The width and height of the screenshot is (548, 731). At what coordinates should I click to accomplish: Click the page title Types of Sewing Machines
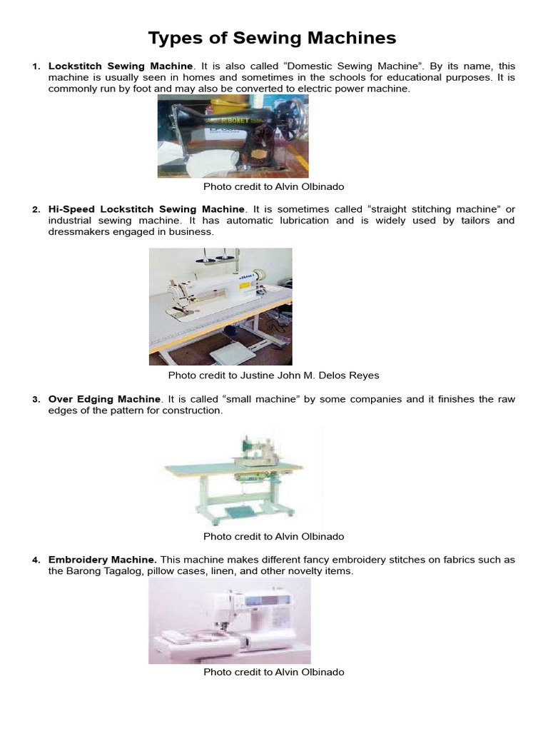click(272, 38)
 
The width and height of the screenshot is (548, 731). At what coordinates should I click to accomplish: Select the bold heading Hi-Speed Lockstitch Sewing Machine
click(146, 209)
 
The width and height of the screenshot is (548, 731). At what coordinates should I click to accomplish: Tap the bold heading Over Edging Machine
click(104, 399)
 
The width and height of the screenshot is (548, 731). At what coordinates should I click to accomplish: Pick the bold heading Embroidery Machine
click(103, 560)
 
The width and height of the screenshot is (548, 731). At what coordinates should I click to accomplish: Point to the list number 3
click(36, 400)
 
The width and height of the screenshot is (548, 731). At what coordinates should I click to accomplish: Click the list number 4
click(36, 560)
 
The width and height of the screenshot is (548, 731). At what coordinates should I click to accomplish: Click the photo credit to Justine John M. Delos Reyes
click(273, 375)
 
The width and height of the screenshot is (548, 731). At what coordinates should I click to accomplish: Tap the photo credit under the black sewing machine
click(273, 186)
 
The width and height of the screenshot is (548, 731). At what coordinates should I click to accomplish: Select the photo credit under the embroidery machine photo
click(273, 672)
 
